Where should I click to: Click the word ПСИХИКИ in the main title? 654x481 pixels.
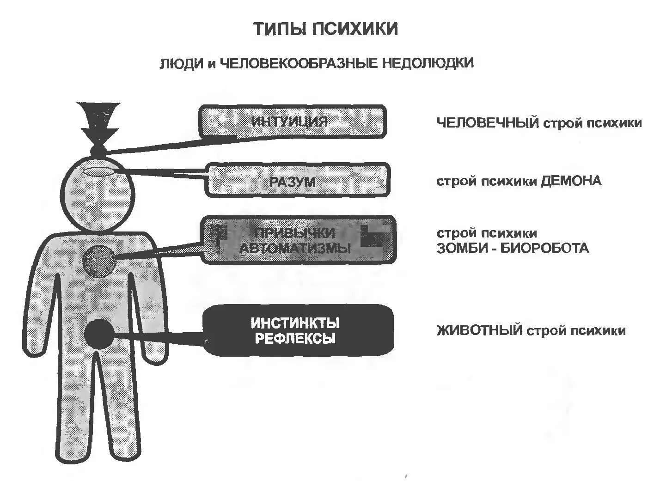pos(355,29)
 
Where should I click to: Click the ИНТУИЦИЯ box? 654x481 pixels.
pos(292,121)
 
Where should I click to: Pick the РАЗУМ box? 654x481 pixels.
pos(297,181)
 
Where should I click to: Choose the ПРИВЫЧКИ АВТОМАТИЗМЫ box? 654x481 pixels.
pos(298,240)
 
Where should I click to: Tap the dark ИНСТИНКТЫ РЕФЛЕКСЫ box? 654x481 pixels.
pos(298,330)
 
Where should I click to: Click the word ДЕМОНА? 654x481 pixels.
pos(571,181)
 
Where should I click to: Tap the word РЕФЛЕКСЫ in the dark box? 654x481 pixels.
pos(295,339)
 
